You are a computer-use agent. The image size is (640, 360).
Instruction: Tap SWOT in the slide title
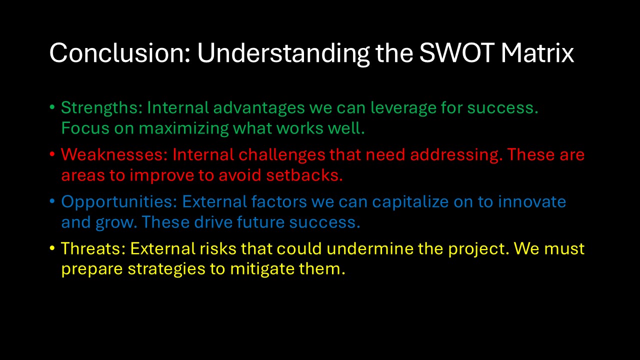pyautogui.click(x=457, y=53)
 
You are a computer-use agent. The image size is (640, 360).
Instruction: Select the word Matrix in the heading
pyautogui.click(x=537, y=53)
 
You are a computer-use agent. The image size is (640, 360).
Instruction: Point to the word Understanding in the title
pyautogui.click(x=283, y=54)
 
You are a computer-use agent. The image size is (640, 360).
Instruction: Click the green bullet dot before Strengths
pyautogui.click(x=52, y=107)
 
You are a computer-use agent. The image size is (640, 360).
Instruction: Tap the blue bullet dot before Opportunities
pyautogui.click(x=52, y=201)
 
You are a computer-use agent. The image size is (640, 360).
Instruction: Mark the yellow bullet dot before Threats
pyautogui.click(x=52, y=248)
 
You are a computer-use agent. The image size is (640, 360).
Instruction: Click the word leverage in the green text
pyautogui.click(x=403, y=108)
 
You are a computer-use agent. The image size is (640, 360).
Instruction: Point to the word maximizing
pyautogui.click(x=183, y=129)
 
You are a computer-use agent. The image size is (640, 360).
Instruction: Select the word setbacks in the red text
pyautogui.click(x=304, y=175)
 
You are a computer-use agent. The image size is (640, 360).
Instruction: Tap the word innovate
pyautogui.click(x=532, y=201)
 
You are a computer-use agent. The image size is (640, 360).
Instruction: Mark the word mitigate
pyautogui.click(x=262, y=269)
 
